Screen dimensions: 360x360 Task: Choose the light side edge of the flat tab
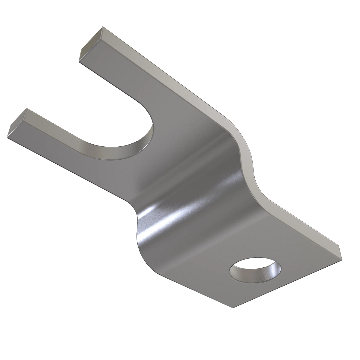click(x=300, y=222)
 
